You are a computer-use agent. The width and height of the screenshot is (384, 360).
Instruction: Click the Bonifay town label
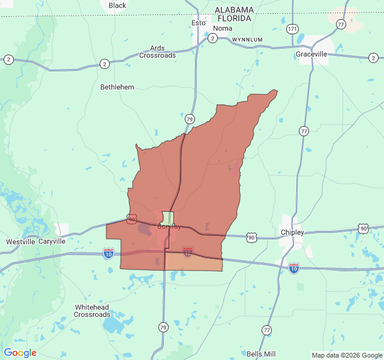tap(169, 226)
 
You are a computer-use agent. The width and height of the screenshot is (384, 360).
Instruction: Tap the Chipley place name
tap(292, 232)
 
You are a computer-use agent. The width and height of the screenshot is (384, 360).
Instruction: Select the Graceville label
tap(311, 54)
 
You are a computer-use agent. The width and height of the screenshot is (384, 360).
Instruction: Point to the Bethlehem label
tap(117, 87)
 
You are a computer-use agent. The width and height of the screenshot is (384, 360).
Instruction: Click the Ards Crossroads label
tap(158, 52)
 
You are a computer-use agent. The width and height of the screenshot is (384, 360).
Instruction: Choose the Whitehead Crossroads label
tap(92, 311)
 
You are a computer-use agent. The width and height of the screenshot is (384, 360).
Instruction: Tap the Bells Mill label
tap(261, 354)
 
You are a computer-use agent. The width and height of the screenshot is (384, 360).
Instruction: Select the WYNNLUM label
tap(248, 40)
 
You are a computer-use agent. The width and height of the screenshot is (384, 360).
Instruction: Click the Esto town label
tap(198, 23)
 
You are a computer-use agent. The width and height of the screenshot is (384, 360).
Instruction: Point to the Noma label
tap(223, 28)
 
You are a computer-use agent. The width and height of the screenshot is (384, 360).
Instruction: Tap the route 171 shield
tap(292, 28)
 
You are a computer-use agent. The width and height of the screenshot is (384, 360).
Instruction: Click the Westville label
tap(20, 242)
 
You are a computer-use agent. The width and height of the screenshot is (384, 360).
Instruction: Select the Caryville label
tap(52, 242)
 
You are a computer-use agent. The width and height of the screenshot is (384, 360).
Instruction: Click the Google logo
tap(20, 353)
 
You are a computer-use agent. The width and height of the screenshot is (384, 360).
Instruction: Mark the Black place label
tap(118, 5)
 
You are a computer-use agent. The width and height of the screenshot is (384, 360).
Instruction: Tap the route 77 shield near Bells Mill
tap(266, 330)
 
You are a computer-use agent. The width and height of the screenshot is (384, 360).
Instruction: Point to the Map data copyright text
tap(347, 355)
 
